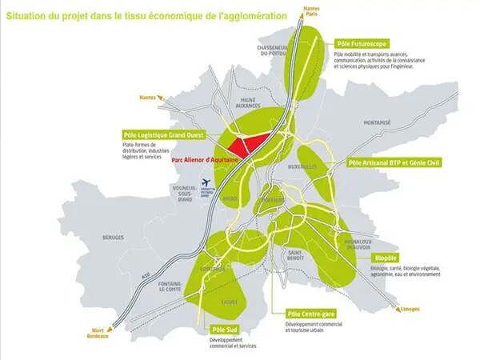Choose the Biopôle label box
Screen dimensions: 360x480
coord(386,258)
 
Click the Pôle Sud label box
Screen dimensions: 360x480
coord(223,330)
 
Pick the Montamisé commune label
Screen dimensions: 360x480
coord(377,123)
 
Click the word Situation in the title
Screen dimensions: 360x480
coord(30,14)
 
